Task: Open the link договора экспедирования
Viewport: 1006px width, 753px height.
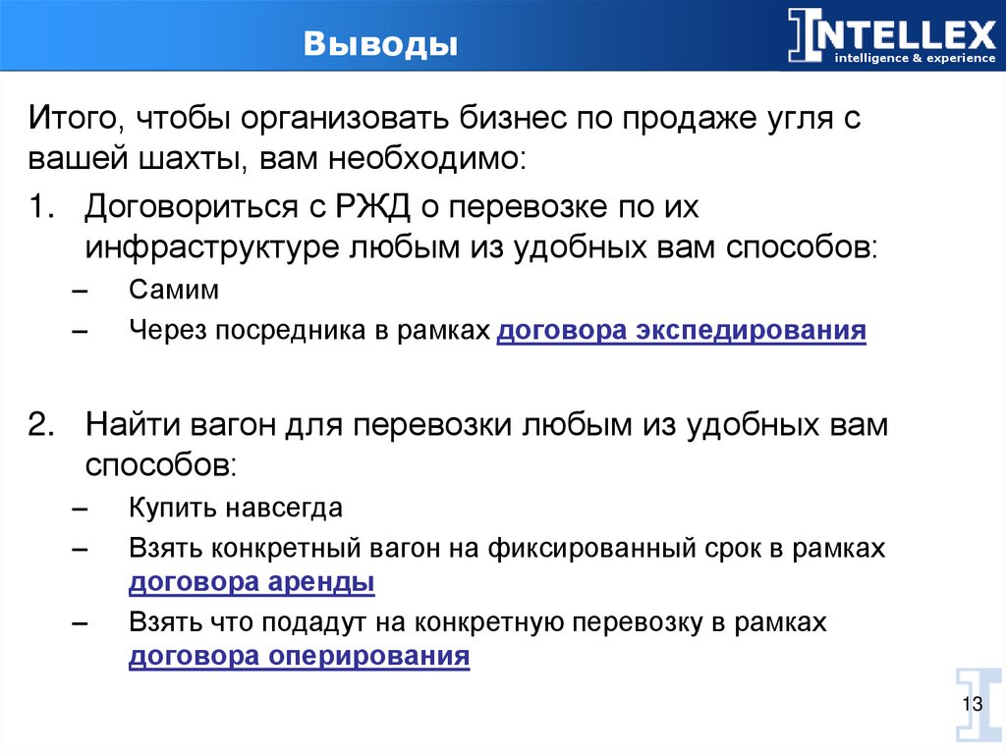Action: (x=681, y=331)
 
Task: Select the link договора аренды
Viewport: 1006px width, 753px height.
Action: (x=251, y=581)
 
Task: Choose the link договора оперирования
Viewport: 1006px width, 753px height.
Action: (x=299, y=656)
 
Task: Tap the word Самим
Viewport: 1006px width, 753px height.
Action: (x=173, y=291)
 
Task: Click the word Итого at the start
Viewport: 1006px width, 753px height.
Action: (x=70, y=121)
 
